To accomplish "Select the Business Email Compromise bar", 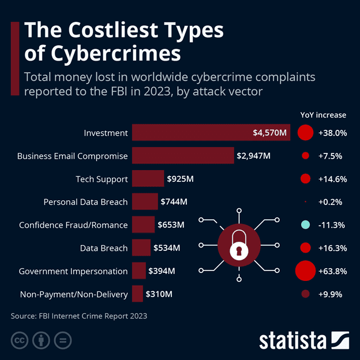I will [182, 156].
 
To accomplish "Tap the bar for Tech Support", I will [148, 179].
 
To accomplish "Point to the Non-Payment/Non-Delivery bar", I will [137, 294].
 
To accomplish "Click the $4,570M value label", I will [269, 133].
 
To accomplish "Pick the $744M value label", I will [174, 202].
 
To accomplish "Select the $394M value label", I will [162, 271].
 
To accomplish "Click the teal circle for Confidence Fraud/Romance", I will [305, 225].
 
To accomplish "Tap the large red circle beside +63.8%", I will [305, 271].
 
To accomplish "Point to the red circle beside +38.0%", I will [305, 133].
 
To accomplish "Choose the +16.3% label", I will [332, 248].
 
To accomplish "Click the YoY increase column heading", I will [324, 115].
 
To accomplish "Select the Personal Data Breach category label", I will [85, 202].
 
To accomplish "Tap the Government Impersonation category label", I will [73, 271].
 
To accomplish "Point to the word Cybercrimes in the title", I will [102, 54].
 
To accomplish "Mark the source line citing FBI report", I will [79, 316].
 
